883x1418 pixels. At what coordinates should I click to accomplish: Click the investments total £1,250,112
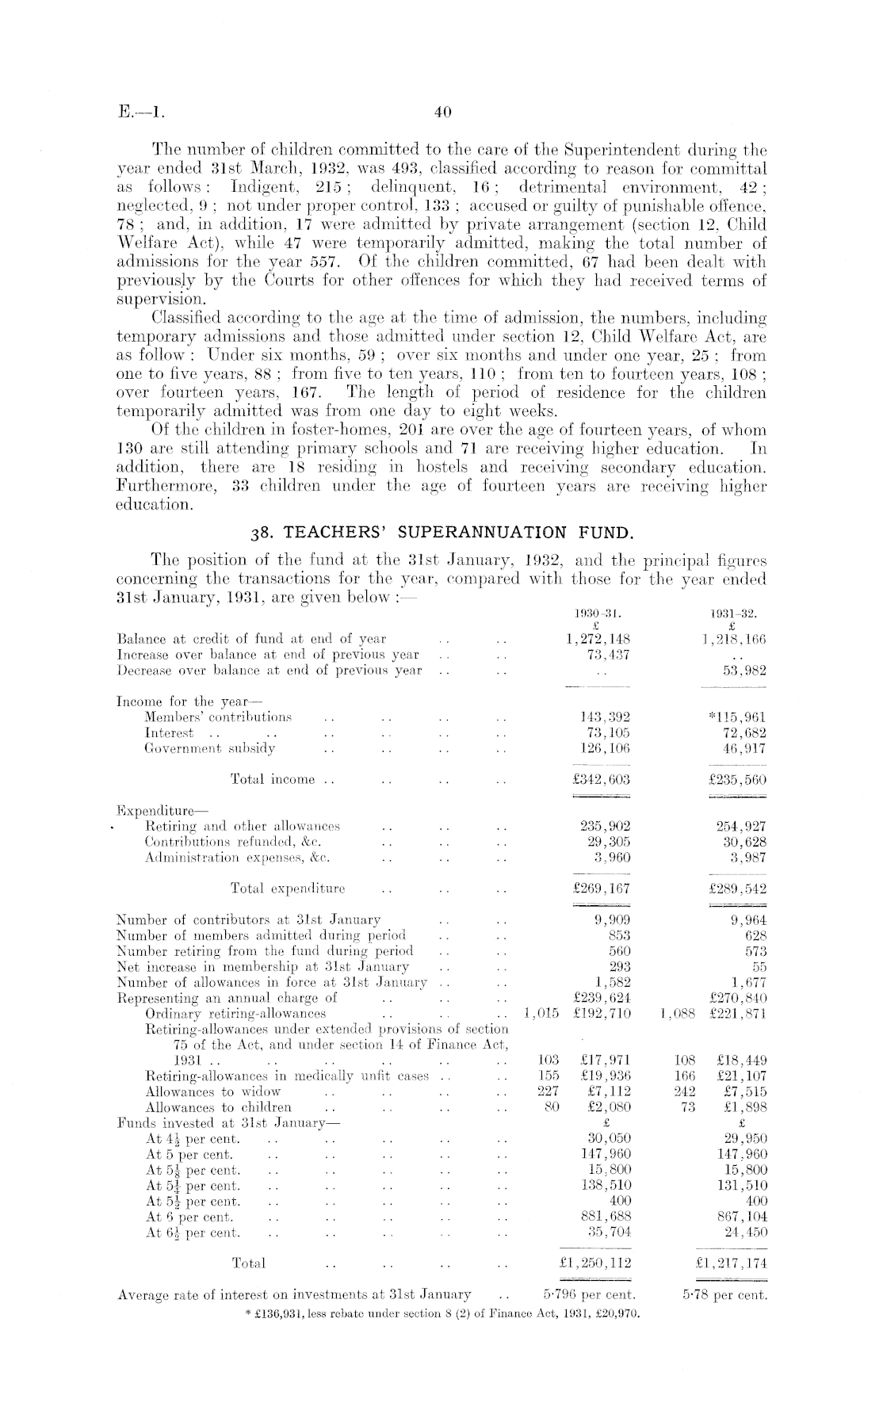coord(594,1263)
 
